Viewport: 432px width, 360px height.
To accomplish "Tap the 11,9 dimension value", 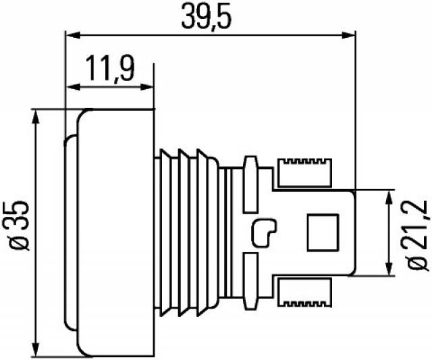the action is pos(110,68).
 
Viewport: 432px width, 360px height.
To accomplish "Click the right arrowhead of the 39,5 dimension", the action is pos(348,35).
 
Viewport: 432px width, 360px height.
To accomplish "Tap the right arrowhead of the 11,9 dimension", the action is pos(146,87).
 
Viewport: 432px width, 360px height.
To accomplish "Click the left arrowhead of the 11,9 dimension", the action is pos(74,87).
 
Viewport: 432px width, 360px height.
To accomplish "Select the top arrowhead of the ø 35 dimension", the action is pos(36,117).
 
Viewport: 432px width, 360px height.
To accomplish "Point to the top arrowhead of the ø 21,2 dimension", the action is pos(389,197).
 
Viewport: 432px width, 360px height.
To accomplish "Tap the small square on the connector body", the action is pos(323,232).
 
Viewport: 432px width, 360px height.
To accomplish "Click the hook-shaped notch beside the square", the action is pos(264,233).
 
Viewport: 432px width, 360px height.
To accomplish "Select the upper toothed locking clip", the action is pos(304,173).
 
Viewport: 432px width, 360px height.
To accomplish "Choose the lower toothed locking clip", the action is pos(304,292).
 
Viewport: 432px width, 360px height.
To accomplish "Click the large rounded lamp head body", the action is pos(115,233).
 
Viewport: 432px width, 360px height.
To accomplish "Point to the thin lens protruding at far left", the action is pos(70,233).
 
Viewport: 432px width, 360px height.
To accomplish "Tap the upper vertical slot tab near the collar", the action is pos(250,184).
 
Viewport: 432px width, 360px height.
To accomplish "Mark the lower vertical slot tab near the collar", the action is pos(250,281).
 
